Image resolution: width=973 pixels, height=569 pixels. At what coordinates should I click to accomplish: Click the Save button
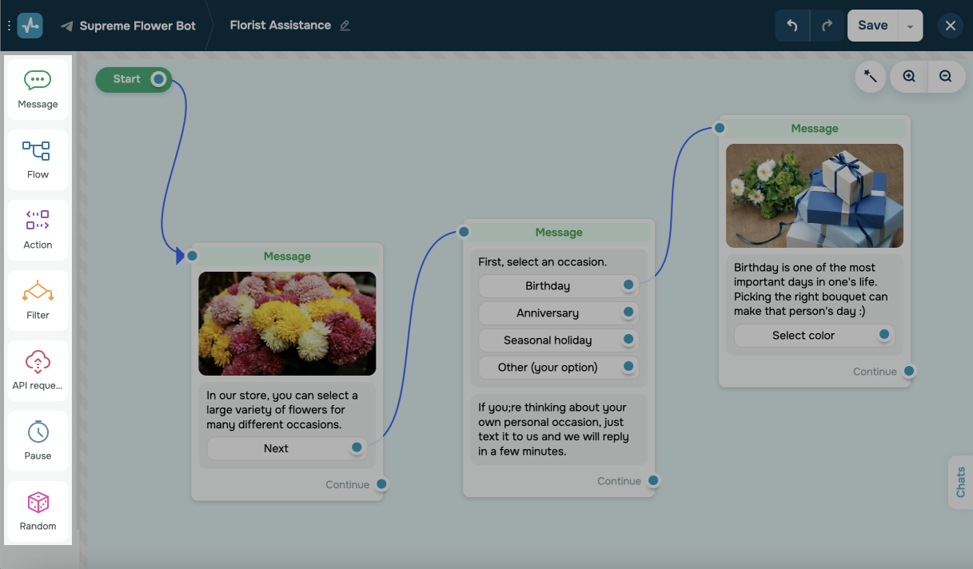pyautogui.click(x=872, y=26)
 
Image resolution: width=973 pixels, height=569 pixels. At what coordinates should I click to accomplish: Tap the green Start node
pyautogui.click(x=127, y=79)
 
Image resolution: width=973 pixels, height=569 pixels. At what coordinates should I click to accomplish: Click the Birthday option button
pyautogui.click(x=548, y=286)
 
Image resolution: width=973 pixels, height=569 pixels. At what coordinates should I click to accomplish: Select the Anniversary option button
pyautogui.click(x=548, y=313)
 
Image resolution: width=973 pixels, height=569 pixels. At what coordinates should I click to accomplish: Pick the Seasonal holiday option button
pyautogui.click(x=548, y=340)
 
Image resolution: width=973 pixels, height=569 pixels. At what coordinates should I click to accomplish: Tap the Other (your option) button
pyautogui.click(x=548, y=368)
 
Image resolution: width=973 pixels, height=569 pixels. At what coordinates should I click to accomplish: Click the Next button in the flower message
pyautogui.click(x=276, y=448)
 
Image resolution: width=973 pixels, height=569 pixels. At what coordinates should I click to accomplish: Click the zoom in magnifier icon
pyautogui.click(x=909, y=77)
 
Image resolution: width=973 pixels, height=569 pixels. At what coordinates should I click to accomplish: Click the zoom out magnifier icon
pyautogui.click(x=946, y=77)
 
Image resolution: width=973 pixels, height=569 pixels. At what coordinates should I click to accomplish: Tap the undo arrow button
pyautogui.click(x=792, y=26)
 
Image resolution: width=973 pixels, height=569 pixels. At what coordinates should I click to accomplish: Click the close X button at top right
pyautogui.click(x=951, y=26)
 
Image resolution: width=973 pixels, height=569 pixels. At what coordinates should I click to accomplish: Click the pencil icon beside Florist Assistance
pyautogui.click(x=345, y=26)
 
